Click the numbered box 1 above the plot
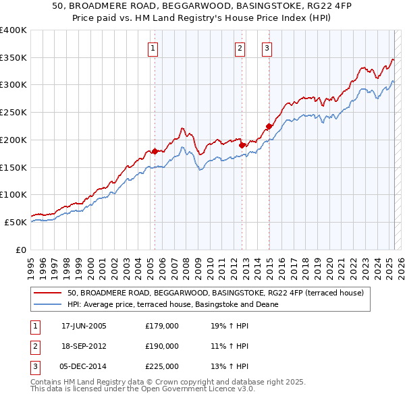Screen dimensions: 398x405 153,48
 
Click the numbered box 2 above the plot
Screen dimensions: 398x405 240,48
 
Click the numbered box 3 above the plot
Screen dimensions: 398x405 267,48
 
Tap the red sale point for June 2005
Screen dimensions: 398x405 155,151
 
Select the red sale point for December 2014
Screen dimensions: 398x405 269,126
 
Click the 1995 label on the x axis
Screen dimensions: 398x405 31,264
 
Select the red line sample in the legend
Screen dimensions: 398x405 47,293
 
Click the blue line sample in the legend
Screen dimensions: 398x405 47,304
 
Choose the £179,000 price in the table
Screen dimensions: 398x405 161,326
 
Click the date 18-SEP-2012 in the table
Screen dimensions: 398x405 84,346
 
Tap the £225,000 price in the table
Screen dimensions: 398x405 161,366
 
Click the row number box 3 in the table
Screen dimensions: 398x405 34,366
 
